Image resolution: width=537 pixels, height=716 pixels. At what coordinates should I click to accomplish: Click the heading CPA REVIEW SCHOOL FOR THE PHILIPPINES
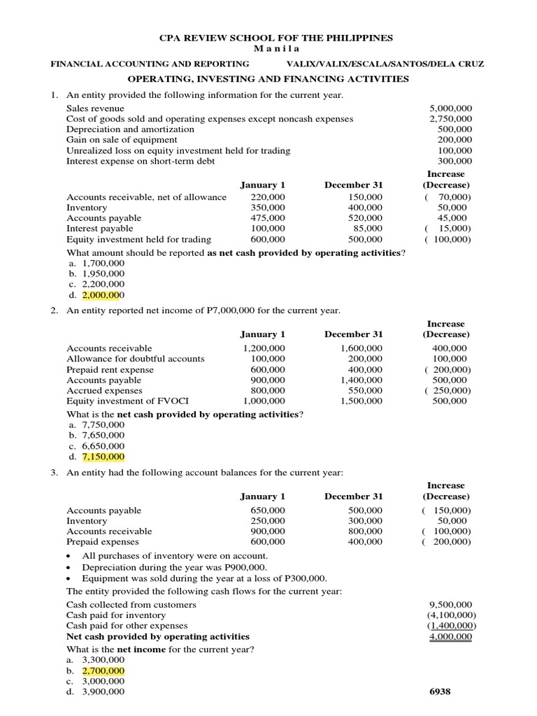point(268,38)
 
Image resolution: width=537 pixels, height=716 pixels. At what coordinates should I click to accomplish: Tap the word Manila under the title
point(268,48)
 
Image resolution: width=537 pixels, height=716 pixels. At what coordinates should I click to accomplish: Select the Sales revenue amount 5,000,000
point(450,108)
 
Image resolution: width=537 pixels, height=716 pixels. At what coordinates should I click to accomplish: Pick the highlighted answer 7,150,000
point(103,457)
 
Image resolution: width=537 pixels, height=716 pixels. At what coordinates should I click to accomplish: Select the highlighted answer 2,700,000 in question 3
point(103,671)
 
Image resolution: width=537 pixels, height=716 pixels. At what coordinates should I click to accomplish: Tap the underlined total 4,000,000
point(450,636)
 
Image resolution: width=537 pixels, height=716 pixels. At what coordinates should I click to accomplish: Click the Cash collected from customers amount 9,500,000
point(450,604)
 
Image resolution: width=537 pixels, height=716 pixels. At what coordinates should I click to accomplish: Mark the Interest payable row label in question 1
point(99,229)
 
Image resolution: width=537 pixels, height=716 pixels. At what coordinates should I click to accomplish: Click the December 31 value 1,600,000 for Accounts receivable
point(361,348)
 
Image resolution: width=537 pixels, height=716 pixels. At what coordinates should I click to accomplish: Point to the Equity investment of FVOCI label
point(127,401)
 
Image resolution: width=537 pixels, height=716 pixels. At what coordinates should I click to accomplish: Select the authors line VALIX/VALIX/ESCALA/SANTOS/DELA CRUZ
point(385,64)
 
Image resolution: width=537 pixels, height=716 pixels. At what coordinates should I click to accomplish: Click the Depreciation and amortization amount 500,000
point(454,129)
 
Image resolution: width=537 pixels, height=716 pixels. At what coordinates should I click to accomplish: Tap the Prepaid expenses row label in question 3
point(102,542)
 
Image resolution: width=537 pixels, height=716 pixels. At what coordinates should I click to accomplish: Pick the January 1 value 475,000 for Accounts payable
point(268,218)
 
